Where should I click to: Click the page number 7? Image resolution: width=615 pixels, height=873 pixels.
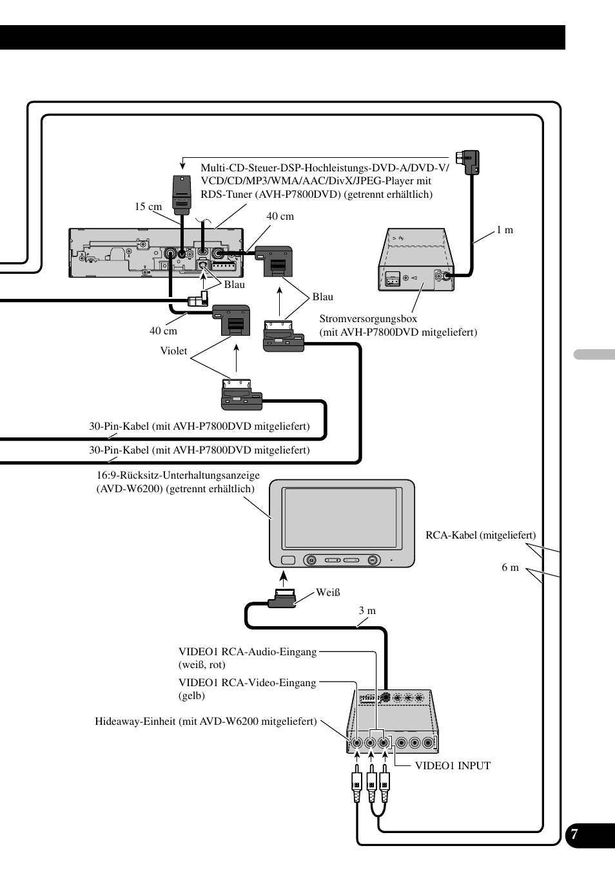point(574,835)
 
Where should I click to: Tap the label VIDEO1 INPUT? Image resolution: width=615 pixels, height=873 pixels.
point(453,765)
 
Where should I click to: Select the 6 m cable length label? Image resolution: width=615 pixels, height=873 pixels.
point(510,567)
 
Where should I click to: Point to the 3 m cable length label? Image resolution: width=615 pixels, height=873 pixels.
point(367,610)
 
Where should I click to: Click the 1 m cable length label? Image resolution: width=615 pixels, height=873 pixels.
point(505,230)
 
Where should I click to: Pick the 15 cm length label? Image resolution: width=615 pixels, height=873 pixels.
point(148,207)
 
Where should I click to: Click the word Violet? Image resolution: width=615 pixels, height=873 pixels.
point(173,351)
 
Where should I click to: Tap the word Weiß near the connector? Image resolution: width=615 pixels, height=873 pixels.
point(327,593)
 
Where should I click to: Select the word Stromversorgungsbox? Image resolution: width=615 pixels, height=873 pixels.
point(368,318)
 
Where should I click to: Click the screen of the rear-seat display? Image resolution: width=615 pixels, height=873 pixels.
point(341,518)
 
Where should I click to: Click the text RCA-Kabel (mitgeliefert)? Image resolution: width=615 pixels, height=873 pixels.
point(480,535)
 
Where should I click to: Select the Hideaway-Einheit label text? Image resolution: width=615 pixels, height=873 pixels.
point(206,721)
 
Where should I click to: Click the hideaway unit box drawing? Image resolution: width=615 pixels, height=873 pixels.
point(392,722)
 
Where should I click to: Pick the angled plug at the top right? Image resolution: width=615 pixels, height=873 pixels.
point(468,161)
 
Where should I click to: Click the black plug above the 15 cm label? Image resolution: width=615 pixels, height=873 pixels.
point(182,195)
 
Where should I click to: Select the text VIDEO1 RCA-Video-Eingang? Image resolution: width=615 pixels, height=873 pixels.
point(247,682)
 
